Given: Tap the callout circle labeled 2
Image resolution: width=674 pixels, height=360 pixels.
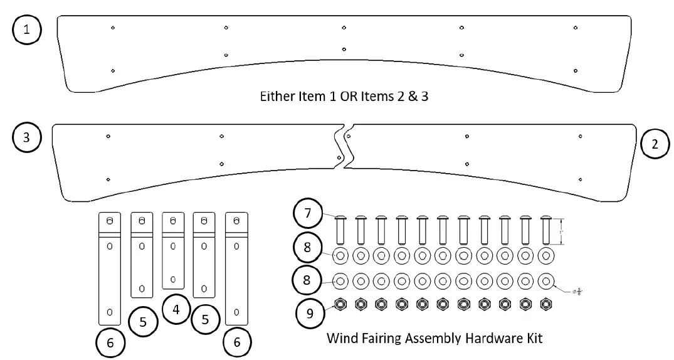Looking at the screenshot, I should (x=656, y=144).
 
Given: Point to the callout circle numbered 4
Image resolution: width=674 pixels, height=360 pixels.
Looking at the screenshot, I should (x=176, y=309).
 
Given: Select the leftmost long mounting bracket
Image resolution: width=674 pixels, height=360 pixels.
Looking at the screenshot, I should (x=110, y=268).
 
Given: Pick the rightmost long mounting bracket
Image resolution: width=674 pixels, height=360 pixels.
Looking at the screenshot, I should (x=236, y=268).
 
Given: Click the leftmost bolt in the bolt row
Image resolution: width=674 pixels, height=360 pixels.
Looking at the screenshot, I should (x=340, y=231).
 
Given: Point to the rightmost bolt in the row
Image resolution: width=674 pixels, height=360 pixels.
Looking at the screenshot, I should (x=545, y=231).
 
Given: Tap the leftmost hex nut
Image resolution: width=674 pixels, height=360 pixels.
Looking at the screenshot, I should (x=340, y=304).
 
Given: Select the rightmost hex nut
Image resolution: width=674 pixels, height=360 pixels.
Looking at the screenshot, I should (x=545, y=304).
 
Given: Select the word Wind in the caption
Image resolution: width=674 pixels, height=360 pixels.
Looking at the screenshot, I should (x=342, y=339).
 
